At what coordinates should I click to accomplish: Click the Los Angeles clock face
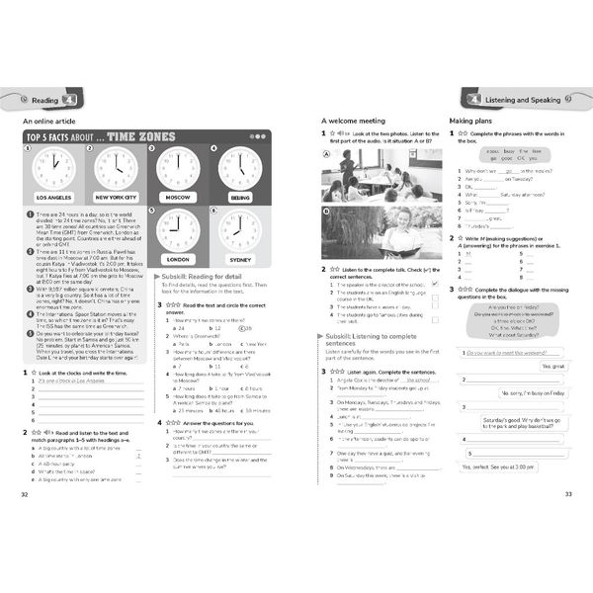53,168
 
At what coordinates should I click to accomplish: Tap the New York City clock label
115,197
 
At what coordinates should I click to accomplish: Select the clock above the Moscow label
178,168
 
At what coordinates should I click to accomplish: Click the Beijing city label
239,197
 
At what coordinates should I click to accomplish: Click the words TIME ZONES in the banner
135,136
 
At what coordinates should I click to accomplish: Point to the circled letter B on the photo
326,211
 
